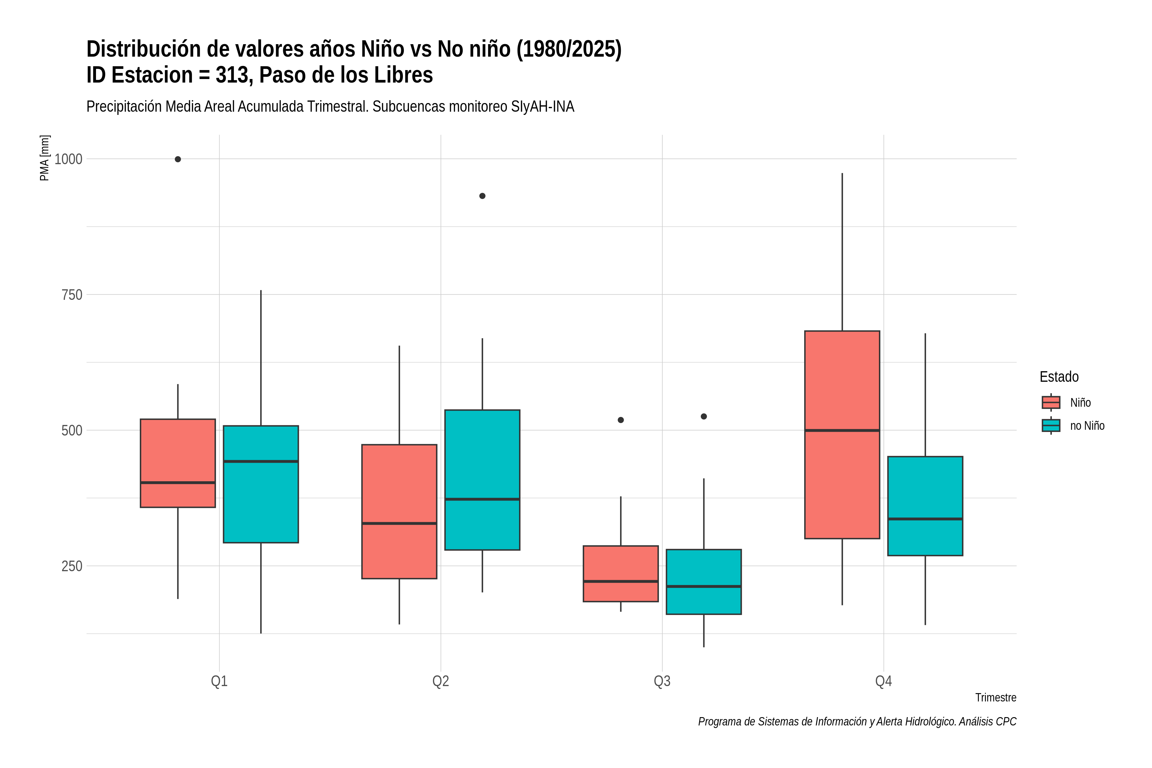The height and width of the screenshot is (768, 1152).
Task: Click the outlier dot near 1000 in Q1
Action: coord(178,159)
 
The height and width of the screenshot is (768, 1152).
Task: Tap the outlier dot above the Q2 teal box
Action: coord(483,196)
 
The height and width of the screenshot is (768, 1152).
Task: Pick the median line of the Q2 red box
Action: coord(399,524)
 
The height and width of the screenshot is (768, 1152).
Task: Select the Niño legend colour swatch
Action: coord(1051,403)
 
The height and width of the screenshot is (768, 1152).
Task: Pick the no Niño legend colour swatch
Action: coord(1051,426)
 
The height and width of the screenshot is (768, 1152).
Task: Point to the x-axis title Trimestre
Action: coord(996,698)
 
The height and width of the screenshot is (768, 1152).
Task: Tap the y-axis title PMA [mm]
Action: coord(44,158)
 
